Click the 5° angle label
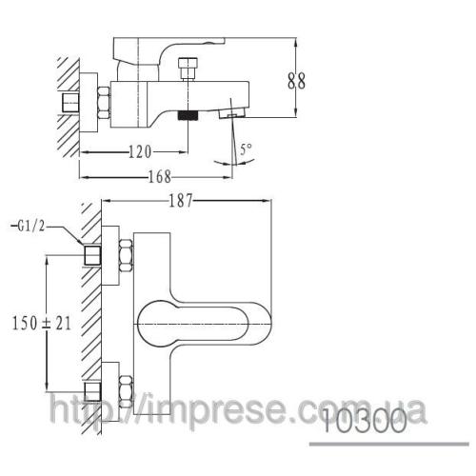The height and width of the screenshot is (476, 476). coord(247,148)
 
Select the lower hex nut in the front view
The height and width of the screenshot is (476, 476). coord(124,387)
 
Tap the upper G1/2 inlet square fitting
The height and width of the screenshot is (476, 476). coord(93,255)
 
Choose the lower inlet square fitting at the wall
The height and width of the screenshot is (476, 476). coord(93,389)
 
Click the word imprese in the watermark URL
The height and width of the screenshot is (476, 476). coord(194,410)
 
